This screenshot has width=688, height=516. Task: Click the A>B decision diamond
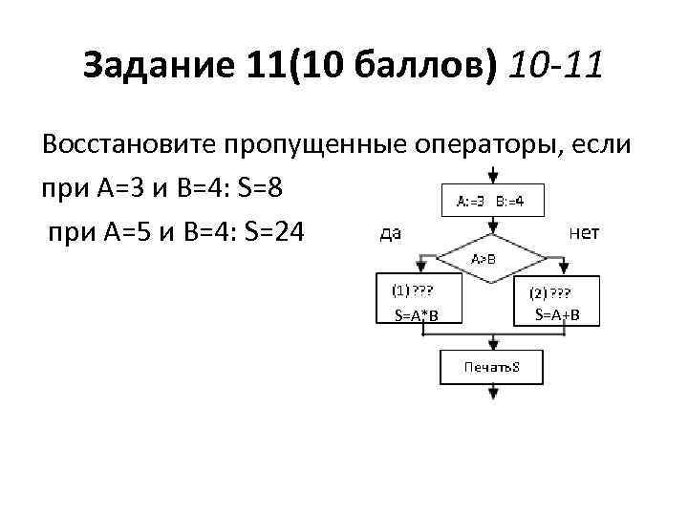pos(492,258)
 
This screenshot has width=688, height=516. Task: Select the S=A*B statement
pos(416,315)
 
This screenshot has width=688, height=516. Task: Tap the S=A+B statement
pos(557,314)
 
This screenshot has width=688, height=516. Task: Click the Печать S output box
pos(491,367)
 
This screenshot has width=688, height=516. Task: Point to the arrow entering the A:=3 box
pos(492,176)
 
